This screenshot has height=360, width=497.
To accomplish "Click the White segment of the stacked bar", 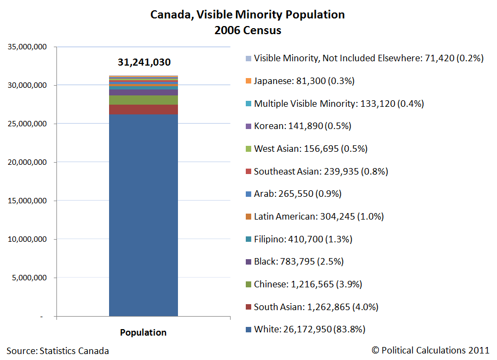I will click(144, 217).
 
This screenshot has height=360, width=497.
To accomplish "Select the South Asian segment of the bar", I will click(144, 110).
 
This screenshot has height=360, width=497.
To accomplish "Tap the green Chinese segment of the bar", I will click(144, 100).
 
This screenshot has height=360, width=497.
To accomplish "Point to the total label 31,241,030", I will click(144, 62).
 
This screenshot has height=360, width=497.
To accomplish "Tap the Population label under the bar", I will click(143, 332).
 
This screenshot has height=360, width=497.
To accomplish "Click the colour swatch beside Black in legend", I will click(248, 262).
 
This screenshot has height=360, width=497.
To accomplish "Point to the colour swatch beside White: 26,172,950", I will click(248, 330).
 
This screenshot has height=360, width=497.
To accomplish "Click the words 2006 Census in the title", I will click(247, 30).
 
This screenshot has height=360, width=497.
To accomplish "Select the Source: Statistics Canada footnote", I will click(58, 351).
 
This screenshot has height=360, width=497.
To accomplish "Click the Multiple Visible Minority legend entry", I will click(339, 104).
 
